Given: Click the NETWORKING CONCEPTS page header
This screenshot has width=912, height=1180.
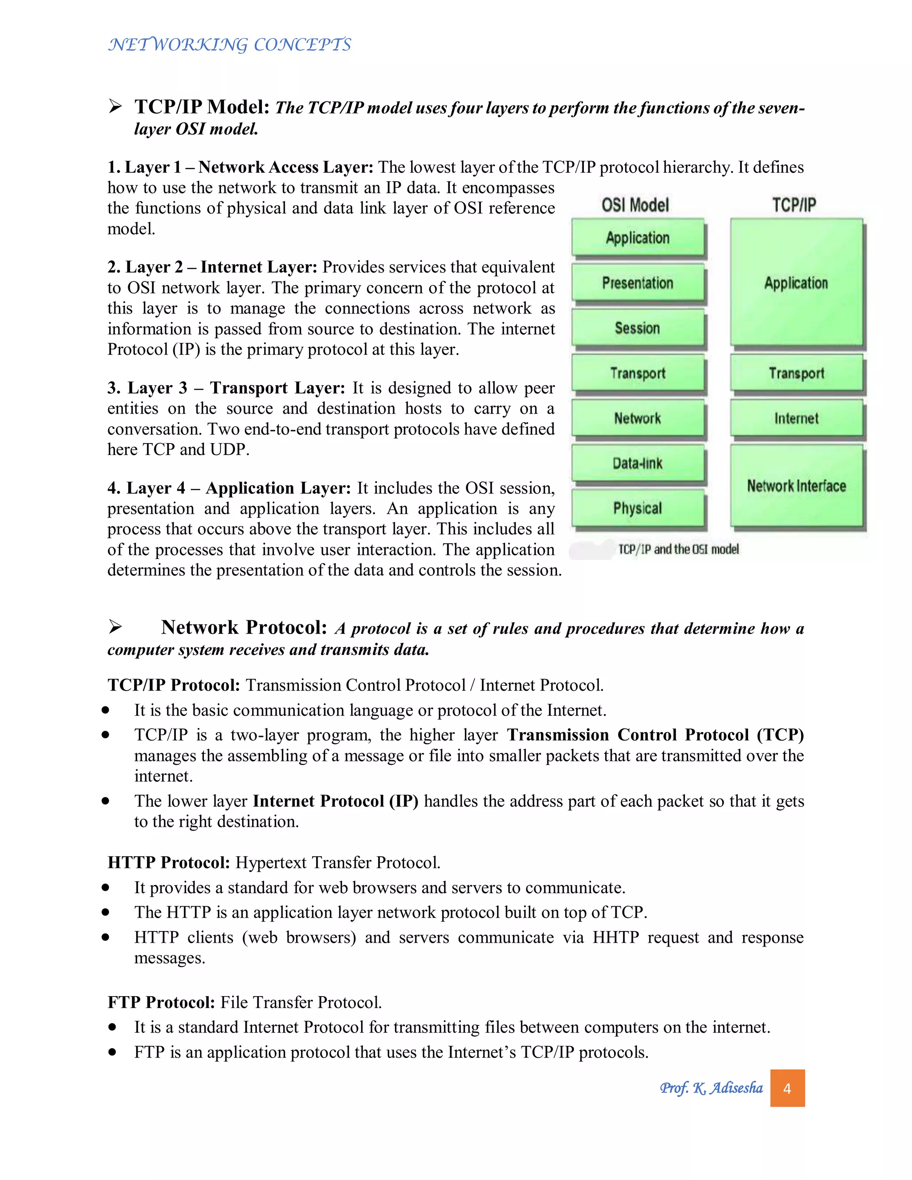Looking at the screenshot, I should click(x=230, y=44).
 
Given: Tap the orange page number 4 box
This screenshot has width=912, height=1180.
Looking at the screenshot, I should click(x=787, y=1088).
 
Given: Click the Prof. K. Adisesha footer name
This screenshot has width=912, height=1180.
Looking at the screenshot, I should click(x=711, y=1088).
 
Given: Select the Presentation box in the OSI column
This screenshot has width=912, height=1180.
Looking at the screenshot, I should click(x=638, y=283).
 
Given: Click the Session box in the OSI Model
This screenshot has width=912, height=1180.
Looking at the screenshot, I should click(x=638, y=328).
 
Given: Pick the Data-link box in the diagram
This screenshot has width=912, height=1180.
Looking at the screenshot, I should click(x=638, y=463).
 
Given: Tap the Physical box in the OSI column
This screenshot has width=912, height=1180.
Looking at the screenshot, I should click(x=638, y=509).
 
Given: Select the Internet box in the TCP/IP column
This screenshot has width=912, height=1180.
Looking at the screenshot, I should click(x=796, y=418).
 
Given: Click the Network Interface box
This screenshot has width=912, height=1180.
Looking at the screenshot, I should click(x=796, y=486).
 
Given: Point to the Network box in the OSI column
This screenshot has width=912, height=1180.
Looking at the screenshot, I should click(x=638, y=418).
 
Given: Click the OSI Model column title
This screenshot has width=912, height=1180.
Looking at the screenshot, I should click(x=635, y=205).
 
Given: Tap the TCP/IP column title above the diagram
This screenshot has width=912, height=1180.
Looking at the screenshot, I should click(x=794, y=205).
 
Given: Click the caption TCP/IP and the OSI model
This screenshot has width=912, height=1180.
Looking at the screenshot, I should click(x=679, y=549).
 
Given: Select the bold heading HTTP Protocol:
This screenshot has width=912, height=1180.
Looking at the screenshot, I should click(x=169, y=863).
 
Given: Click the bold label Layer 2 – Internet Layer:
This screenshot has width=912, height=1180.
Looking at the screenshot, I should click(x=212, y=267).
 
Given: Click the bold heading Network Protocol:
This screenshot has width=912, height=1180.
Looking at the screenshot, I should click(x=244, y=627).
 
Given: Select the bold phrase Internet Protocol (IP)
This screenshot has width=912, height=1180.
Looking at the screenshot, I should click(x=335, y=801).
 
